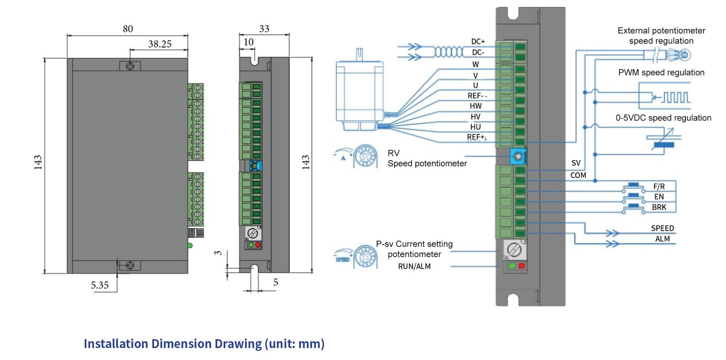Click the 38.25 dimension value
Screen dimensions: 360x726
tap(160, 44)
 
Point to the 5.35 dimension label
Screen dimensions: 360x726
tap(99, 285)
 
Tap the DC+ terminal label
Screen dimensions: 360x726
tap(478, 42)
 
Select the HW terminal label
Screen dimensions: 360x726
tap(476, 106)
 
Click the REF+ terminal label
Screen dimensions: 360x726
tap(476, 137)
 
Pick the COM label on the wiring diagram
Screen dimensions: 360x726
tap(578, 175)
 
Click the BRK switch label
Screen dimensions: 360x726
tap(659, 207)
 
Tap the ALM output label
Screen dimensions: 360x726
tap(662, 239)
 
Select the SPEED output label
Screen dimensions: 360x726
tap(662, 228)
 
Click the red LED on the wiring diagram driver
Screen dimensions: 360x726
tap(522, 266)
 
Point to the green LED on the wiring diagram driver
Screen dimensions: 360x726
tap(512, 266)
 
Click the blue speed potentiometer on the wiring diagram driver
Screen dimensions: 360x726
tap(518, 157)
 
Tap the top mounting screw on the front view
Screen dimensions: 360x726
tap(130, 66)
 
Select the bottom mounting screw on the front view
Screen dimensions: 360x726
tap(130, 266)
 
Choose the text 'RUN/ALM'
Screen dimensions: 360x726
tap(414, 266)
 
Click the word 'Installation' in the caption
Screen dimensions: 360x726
tap(115, 344)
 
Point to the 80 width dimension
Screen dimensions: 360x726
tap(128, 29)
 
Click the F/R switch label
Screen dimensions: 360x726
tap(659, 187)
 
